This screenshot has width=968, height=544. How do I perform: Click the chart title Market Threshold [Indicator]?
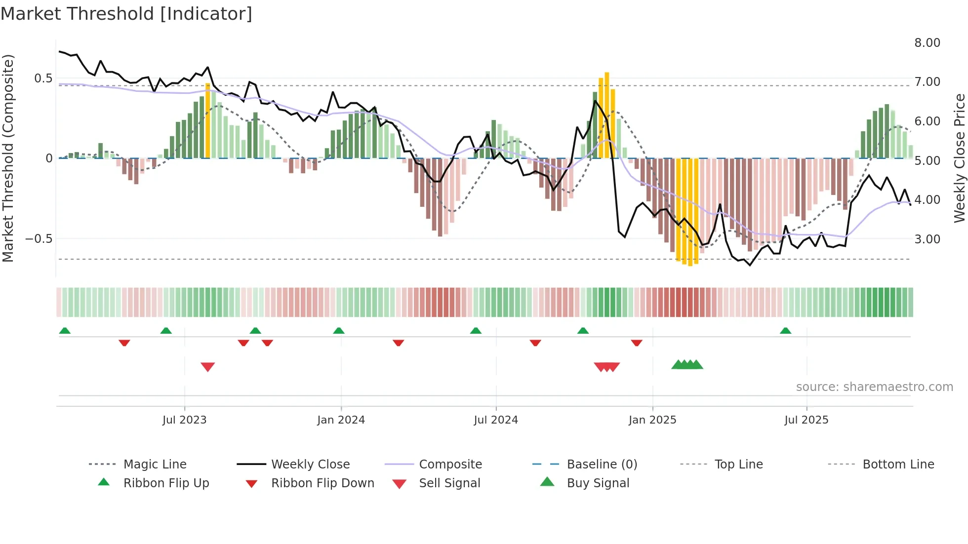[x=126, y=14]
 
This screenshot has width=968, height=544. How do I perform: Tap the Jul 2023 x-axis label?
[x=184, y=420]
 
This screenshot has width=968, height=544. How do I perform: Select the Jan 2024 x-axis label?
[x=341, y=420]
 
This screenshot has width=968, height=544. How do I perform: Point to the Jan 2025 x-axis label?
[x=652, y=420]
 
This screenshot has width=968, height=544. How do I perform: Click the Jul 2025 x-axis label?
[x=806, y=420]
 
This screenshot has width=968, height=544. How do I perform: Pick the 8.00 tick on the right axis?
[x=927, y=43]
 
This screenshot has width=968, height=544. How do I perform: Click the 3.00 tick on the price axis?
[x=927, y=239]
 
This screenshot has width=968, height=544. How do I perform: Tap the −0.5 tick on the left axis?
[x=39, y=239]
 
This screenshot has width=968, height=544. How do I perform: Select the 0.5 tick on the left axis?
[x=43, y=78]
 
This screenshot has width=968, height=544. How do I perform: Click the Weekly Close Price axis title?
[x=959, y=158]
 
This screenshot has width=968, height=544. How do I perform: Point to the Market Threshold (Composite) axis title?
[x=8, y=158]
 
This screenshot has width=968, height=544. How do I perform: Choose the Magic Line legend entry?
[x=155, y=465]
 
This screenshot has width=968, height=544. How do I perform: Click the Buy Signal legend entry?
[x=598, y=483]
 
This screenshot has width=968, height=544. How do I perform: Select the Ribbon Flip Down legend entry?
[x=322, y=483]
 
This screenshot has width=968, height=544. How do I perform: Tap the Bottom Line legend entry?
[x=898, y=465]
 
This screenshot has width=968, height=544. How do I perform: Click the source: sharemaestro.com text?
[x=874, y=387]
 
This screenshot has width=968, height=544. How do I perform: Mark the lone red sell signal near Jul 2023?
[x=208, y=367]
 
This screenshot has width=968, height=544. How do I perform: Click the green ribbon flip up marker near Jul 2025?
[x=785, y=331]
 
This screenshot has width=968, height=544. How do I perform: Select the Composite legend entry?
[x=450, y=465]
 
